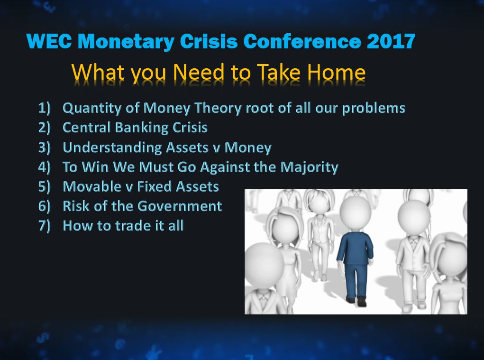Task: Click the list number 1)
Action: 44,108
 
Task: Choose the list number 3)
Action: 44,148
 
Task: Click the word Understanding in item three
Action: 112,148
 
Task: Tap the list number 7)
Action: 44,226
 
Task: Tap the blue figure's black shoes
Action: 356,300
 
